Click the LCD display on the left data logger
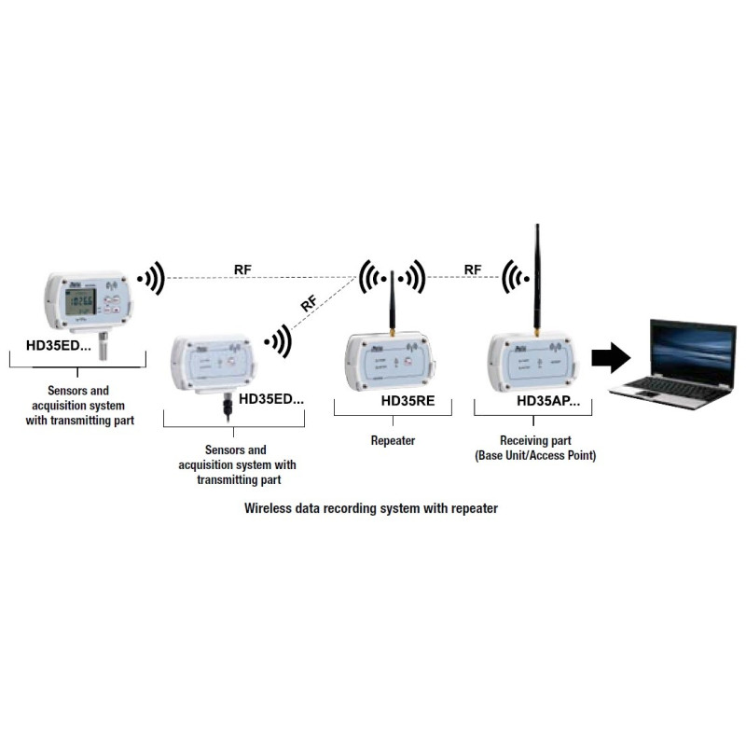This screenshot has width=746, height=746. pyautogui.click(x=84, y=301)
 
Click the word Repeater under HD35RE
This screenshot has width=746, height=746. pyautogui.click(x=393, y=439)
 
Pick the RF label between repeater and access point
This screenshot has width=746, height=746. pyautogui.click(x=473, y=270)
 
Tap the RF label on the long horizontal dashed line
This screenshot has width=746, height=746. pyautogui.click(x=242, y=270)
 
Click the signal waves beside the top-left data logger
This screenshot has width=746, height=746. pyautogui.click(x=151, y=277)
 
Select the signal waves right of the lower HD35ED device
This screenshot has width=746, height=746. pyautogui.click(x=276, y=341)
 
